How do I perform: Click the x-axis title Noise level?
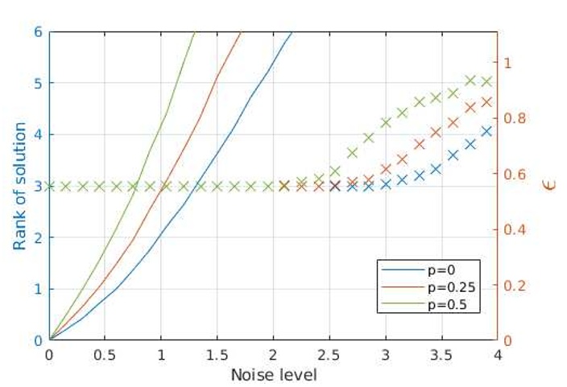pos(274,375)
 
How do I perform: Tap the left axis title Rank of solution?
pos(20,186)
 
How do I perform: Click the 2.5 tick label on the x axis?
pos(329,356)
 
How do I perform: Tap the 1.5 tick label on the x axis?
pos(217,356)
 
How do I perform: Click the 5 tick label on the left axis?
pos(38,83)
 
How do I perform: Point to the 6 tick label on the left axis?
pos(38,32)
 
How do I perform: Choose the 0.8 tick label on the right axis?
pos(515,118)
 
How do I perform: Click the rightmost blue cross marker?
pos(486,130)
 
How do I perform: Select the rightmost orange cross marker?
pos(486,102)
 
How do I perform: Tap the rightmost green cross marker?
pos(486,81)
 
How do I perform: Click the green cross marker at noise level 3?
pos(386,122)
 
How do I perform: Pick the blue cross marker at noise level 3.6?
pos(453,154)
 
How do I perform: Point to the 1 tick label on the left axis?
pos(38,289)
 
